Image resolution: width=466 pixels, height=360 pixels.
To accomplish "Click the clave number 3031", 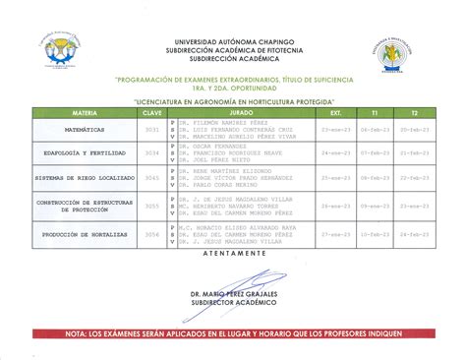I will click(x=152, y=129).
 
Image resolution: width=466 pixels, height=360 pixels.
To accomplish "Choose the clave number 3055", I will click(x=152, y=207).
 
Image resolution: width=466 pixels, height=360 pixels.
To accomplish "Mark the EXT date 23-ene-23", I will click(x=336, y=129).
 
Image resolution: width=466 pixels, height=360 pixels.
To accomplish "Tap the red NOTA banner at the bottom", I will click(x=233, y=334).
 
